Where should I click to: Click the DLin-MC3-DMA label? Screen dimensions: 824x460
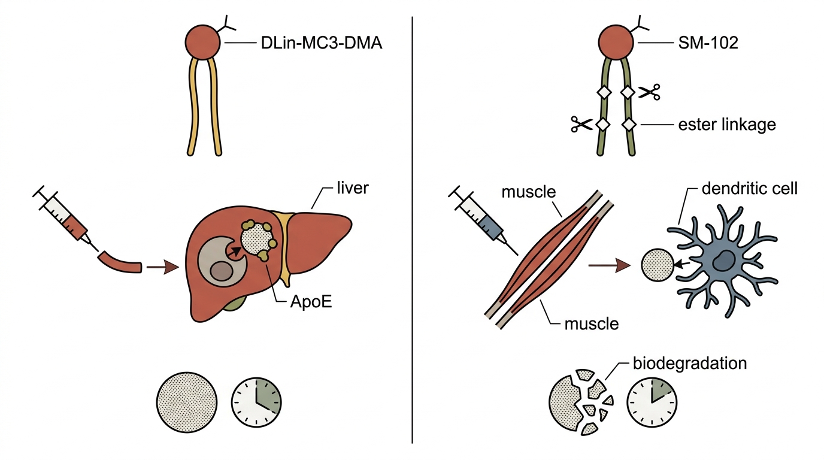click(322, 43)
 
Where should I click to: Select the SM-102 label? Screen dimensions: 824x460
click(708, 43)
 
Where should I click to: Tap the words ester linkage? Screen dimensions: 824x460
click(727, 125)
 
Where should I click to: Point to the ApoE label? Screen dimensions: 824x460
click(311, 302)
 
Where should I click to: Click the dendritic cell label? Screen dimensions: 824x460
click(750, 189)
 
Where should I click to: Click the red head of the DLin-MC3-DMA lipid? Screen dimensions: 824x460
click(202, 43)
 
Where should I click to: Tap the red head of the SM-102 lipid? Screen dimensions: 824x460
click(616, 43)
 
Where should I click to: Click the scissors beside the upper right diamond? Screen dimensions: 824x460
click(649, 92)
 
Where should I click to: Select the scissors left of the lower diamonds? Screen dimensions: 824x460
click(581, 124)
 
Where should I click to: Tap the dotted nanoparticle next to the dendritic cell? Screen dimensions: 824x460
click(658, 265)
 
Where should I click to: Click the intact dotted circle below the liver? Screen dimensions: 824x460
click(187, 402)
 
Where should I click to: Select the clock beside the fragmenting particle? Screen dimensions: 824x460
click(652, 401)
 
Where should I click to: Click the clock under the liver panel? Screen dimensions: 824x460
click(256, 402)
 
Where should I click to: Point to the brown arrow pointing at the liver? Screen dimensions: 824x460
click(163, 267)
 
